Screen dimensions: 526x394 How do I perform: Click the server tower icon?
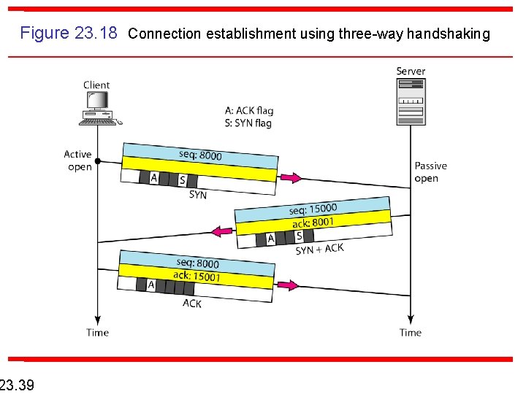tap(411, 101)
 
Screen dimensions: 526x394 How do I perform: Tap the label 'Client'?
tap(96, 85)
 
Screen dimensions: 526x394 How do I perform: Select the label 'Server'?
tap(411, 71)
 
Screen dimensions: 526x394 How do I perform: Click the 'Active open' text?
tap(78, 161)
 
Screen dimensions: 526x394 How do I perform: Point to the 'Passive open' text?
tap(430, 172)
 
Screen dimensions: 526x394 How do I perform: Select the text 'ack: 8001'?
tap(313, 222)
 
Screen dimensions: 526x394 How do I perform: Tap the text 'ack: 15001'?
tap(197, 276)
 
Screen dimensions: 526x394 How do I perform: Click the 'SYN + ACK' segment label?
tap(319, 250)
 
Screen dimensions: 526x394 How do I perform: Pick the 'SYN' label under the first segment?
tap(198, 195)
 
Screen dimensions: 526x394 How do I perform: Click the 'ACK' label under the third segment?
tap(192, 304)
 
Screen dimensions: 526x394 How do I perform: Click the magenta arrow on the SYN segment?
tap(291, 178)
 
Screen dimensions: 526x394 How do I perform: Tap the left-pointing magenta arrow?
tap(221, 231)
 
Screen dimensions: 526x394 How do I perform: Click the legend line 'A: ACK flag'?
tap(249, 111)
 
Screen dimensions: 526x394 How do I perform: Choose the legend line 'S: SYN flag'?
tap(248, 123)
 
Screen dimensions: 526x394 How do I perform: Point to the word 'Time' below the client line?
tap(97, 333)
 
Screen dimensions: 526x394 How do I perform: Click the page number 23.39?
tap(16, 384)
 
